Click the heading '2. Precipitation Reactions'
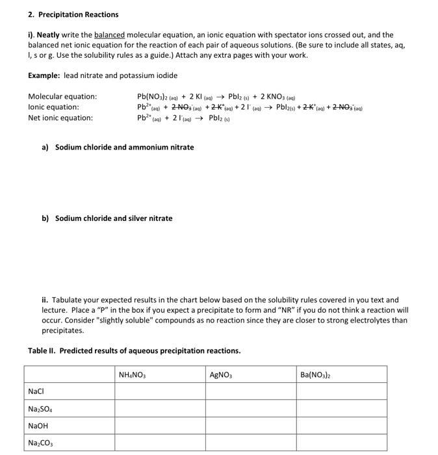point(73,14)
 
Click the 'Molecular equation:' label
point(62,97)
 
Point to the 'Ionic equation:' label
point(53,107)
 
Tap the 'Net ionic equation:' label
point(60,118)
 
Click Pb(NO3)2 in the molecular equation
point(153,97)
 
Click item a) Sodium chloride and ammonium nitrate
point(118,148)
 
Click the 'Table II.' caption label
point(45,351)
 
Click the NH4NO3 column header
point(133,375)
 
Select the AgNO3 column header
point(222,375)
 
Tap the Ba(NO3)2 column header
point(315,375)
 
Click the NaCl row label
point(36,392)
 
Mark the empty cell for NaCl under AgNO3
point(251,392)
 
